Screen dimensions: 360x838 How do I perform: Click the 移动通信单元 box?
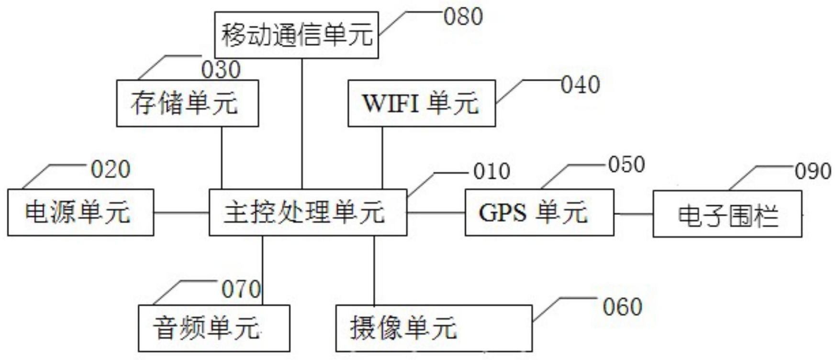click(x=296, y=35)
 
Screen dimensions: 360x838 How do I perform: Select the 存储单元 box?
click(x=187, y=103)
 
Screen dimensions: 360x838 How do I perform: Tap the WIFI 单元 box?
click(x=421, y=103)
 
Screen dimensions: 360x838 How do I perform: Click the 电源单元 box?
click(x=80, y=212)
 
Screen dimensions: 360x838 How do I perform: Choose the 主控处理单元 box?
click(x=308, y=212)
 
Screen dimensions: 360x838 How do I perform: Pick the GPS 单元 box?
click(x=539, y=212)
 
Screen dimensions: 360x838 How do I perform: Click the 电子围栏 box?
click(x=727, y=214)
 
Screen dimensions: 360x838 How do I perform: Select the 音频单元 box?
click(x=213, y=328)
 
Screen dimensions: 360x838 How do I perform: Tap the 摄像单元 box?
click(x=434, y=328)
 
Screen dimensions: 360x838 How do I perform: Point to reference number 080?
click(x=463, y=17)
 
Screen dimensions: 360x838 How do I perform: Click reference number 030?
click(x=221, y=70)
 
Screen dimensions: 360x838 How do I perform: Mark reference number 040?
click(x=581, y=85)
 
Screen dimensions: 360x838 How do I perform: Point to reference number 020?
click(x=111, y=169)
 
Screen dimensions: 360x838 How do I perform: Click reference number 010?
click(x=492, y=171)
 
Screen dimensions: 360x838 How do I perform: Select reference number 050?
click(x=626, y=165)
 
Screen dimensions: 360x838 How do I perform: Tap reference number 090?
click(x=813, y=171)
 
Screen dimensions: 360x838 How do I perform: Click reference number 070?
click(x=241, y=289)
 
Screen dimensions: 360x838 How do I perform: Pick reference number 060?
click(x=622, y=307)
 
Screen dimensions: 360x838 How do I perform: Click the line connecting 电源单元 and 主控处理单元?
click(x=181, y=212)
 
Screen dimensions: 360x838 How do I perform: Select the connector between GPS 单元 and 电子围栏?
click(x=633, y=214)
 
